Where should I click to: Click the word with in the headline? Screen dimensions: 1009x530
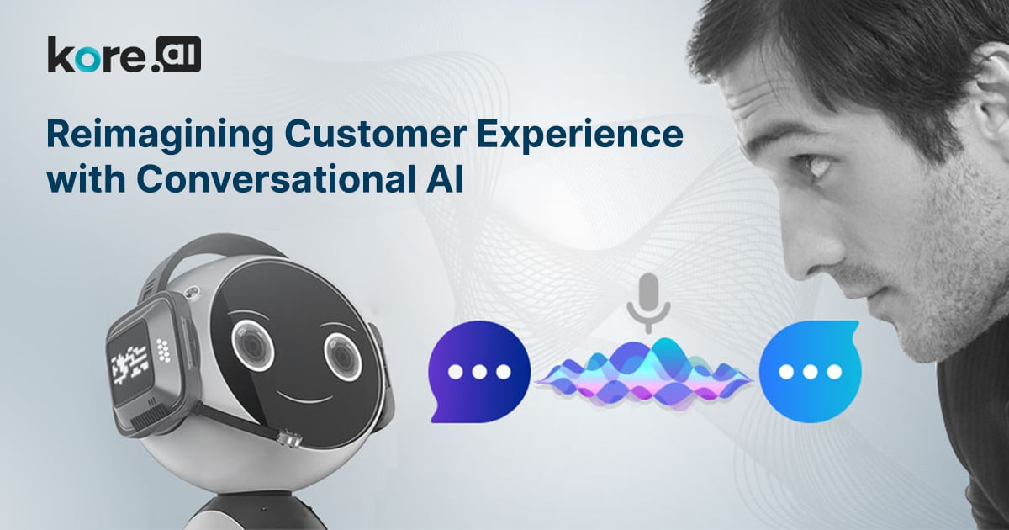tap(86, 179)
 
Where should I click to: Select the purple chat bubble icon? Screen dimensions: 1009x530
tap(479, 372)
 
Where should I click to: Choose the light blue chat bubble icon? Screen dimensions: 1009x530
tap(810, 372)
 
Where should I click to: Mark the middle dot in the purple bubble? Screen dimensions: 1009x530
tap(479, 372)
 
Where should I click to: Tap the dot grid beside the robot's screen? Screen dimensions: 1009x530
tap(163, 350)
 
